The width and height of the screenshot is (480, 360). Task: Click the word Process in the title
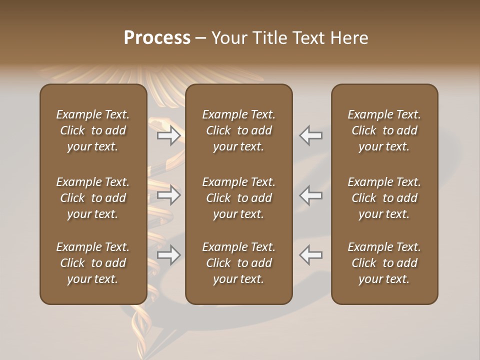tap(157, 38)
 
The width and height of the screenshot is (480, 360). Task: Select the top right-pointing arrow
tap(168, 135)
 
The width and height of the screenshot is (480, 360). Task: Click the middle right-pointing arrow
tap(168, 195)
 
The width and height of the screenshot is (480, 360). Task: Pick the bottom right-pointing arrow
tap(168, 255)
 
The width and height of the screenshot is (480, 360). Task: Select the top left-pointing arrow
tap(311, 135)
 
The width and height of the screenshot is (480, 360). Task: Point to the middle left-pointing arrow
tap(311, 195)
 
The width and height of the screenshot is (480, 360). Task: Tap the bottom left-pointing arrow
tap(311, 255)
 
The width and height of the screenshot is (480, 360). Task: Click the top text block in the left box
tap(93, 130)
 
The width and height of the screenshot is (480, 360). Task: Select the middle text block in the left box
tap(93, 198)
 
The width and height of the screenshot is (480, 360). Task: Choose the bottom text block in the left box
tap(93, 263)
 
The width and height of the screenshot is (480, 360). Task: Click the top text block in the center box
tap(238, 130)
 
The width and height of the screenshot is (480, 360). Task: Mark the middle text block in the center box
tap(238, 198)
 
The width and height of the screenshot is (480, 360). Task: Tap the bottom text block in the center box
tap(238, 263)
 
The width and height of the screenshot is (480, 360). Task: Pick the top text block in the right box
tap(384, 130)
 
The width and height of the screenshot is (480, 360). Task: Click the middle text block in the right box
tap(384, 198)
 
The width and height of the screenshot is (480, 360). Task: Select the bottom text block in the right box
tap(384, 263)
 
